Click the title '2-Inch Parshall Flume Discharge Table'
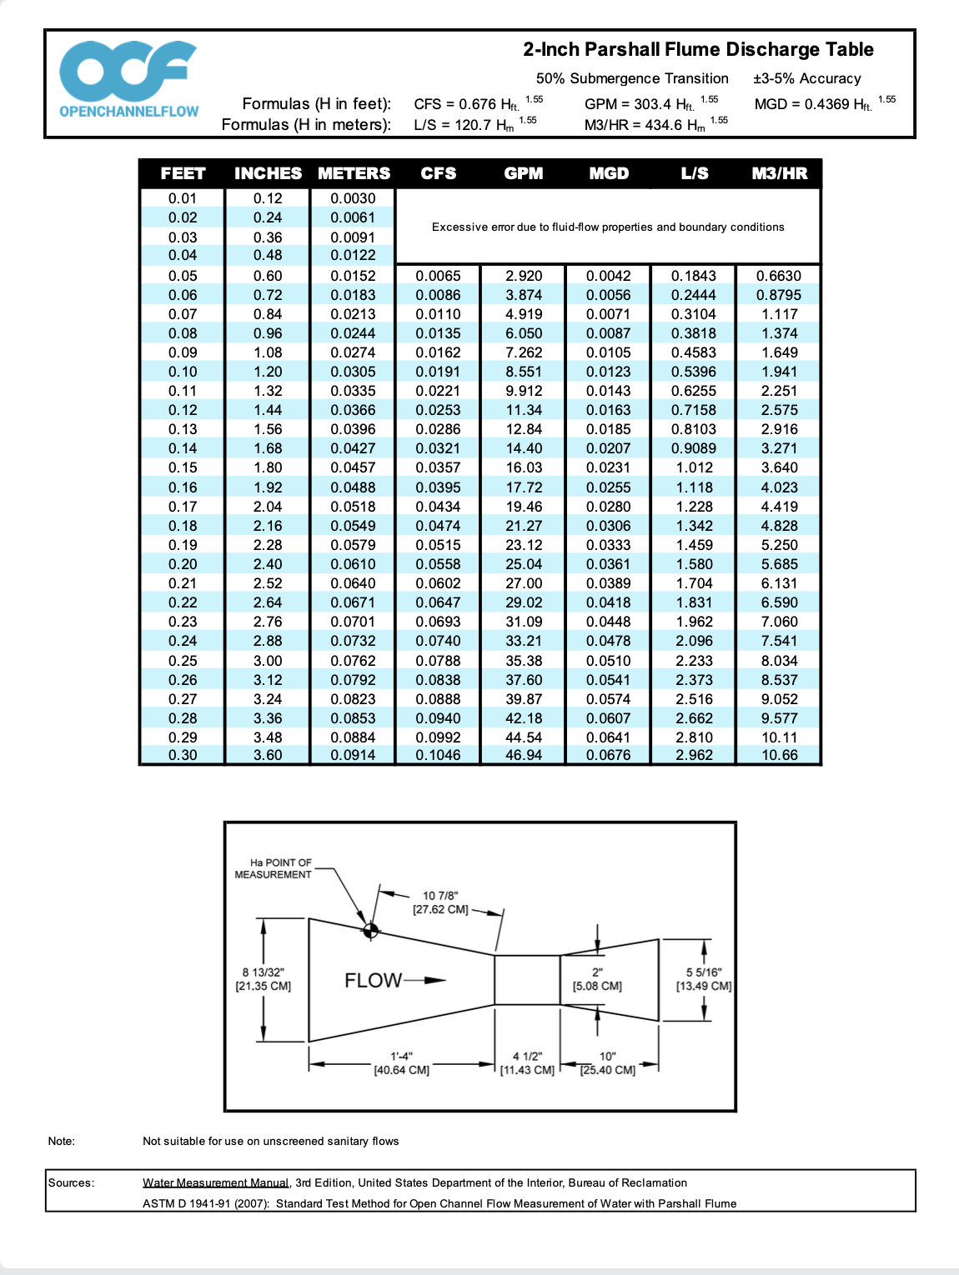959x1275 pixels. (698, 50)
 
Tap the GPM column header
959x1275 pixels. (524, 173)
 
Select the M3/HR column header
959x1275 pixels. (779, 173)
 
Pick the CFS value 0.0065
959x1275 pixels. (438, 276)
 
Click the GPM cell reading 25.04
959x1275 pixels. (524, 564)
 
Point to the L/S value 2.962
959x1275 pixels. (694, 755)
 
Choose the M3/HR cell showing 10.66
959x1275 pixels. (779, 755)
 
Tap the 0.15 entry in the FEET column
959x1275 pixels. (183, 467)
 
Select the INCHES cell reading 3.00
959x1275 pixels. (268, 661)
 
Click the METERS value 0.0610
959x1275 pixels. (353, 564)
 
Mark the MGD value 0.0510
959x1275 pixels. (608, 661)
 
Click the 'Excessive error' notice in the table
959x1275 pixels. (608, 227)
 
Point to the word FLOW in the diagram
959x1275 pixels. (374, 980)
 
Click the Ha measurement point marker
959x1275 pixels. (371, 930)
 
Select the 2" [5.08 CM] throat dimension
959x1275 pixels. (597, 979)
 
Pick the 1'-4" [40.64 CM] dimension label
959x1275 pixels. (401, 1063)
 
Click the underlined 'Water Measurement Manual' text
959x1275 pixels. (215, 1182)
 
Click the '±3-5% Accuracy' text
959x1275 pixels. (806, 78)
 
